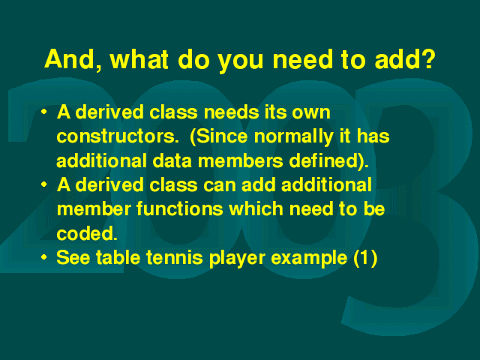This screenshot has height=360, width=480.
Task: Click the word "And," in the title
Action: point(73,60)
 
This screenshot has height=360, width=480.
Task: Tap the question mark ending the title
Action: point(427,58)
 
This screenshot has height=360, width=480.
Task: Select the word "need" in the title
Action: point(302,59)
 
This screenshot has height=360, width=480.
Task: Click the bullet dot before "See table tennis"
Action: point(44,256)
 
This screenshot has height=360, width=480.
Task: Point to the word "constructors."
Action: point(118,136)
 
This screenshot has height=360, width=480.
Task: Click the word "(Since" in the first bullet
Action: point(218,136)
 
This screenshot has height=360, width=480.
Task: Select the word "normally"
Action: point(293,136)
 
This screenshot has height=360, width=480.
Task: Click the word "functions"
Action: point(180,208)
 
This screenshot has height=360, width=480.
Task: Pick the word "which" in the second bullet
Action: point(256,208)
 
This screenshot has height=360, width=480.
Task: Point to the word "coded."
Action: point(87,233)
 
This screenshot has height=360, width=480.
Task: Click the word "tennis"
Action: point(175,257)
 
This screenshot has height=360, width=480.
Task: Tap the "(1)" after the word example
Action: point(365,258)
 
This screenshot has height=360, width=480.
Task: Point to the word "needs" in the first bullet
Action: point(231,112)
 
